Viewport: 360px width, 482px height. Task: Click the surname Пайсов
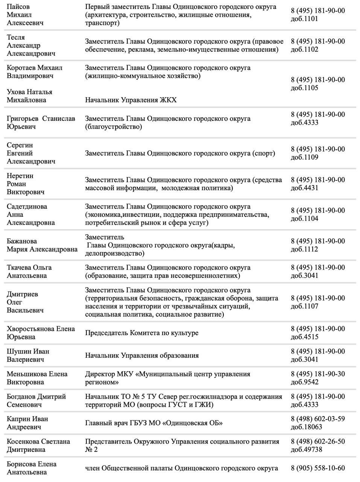point(18,7)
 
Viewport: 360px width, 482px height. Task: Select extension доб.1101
point(304,19)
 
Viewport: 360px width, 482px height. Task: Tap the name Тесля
point(16,37)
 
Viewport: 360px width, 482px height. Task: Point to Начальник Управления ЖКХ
point(131,100)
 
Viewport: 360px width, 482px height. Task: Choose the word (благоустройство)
point(114,127)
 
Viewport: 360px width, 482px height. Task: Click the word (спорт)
point(264,153)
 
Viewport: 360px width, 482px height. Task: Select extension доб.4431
point(304,188)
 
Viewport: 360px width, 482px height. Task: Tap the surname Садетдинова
point(27,206)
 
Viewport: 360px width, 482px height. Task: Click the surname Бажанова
point(22,241)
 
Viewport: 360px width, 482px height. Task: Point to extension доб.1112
point(304,249)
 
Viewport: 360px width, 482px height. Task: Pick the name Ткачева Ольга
point(29,268)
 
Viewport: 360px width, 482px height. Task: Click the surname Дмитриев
point(23,294)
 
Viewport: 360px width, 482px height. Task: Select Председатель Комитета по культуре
point(141,333)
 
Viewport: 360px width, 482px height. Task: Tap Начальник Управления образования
point(142,355)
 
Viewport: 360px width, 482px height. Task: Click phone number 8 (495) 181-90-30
point(318,374)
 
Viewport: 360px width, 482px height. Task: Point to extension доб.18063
point(306,427)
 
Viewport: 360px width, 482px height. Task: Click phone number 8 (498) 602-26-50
point(318,441)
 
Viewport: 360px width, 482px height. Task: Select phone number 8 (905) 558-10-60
point(318,468)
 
